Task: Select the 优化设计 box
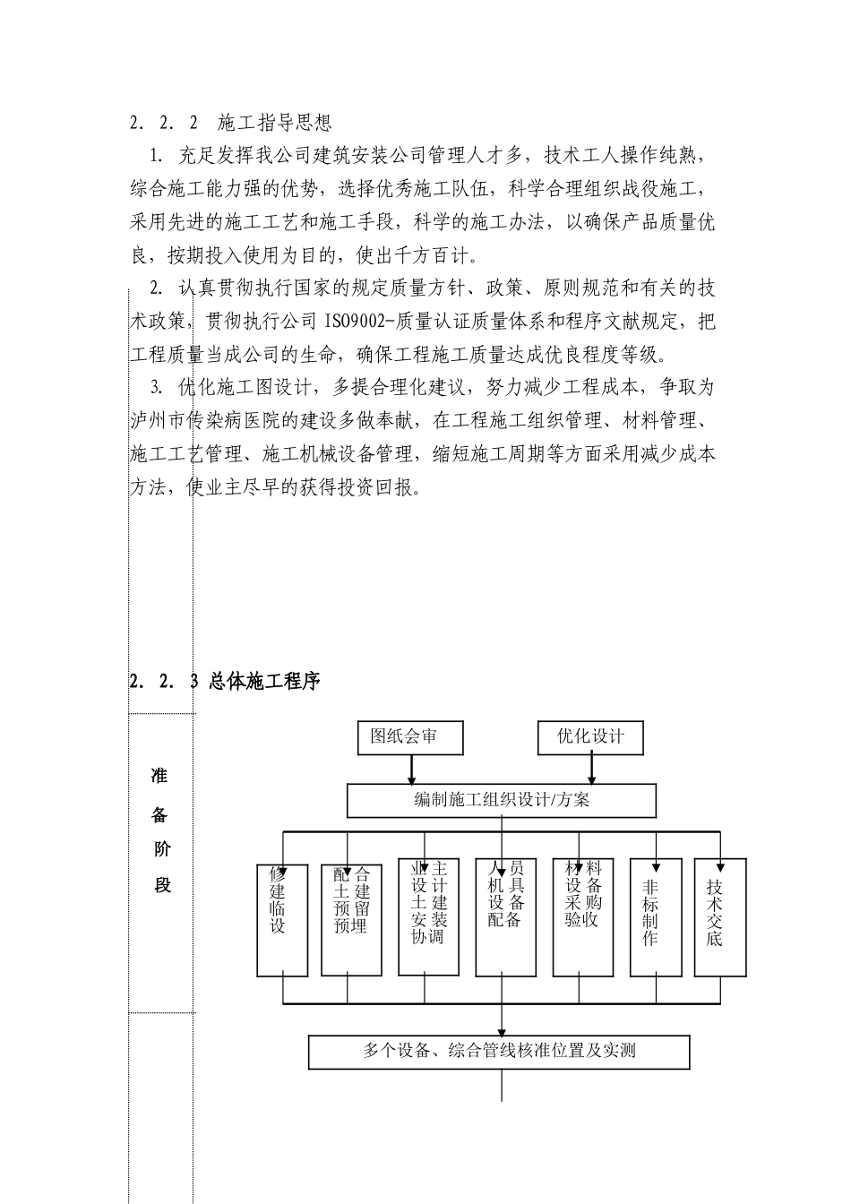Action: click(x=591, y=737)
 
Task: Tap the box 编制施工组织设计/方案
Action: click(x=501, y=801)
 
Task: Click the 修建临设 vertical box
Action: click(x=282, y=918)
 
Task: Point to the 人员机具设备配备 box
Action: click(x=505, y=918)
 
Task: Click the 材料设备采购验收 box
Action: click(x=582, y=918)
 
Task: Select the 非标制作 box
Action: click(x=656, y=918)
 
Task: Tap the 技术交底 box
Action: click(x=720, y=918)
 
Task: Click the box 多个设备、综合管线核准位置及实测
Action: click(x=499, y=1052)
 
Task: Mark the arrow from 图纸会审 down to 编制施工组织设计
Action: click(x=411, y=770)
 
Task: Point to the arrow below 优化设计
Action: click(x=592, y=770)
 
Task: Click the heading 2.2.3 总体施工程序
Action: click(x=225, y=682)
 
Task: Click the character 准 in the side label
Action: click(x=160, y=776)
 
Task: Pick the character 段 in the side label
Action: click(x=161, y=886)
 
